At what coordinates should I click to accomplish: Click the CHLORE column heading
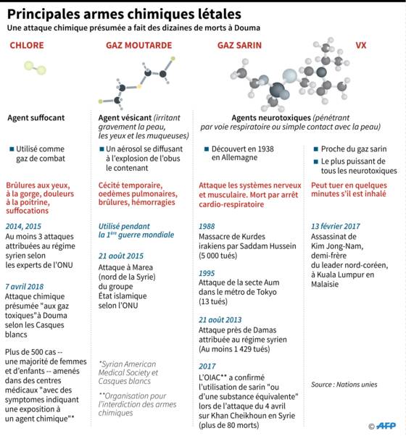(x=27, y=46)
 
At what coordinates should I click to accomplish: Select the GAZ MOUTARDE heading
(x=139, y=46)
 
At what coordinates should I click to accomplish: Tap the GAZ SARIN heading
(x=239, y=46)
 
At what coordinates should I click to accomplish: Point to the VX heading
(x=360, y=46)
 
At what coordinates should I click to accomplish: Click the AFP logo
(x=386, y=426)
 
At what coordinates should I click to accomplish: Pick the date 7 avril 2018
(x=25, y=286)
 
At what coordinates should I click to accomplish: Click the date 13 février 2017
(x=336, y=226)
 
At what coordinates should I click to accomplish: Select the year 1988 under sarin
(x=207, y=227)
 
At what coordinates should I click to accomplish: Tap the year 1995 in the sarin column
(x=207, y=273)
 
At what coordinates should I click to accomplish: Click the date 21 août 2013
(x=220, y=320)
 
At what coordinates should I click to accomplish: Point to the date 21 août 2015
(x=121, y=256)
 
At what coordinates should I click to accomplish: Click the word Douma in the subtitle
(x=247, y=28)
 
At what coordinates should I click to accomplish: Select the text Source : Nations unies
(x=344, y=385)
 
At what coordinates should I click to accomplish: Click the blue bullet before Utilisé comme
(x=12, y=149)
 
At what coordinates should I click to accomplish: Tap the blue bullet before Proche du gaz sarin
(x=316, y=149)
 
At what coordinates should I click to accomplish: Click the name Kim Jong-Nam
(x=337, y=246)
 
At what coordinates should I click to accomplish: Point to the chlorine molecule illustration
(x=35, y=68)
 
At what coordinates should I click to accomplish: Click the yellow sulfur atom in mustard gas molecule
(x=139, y=86)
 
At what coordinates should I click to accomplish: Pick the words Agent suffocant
(x=36, y=118)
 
